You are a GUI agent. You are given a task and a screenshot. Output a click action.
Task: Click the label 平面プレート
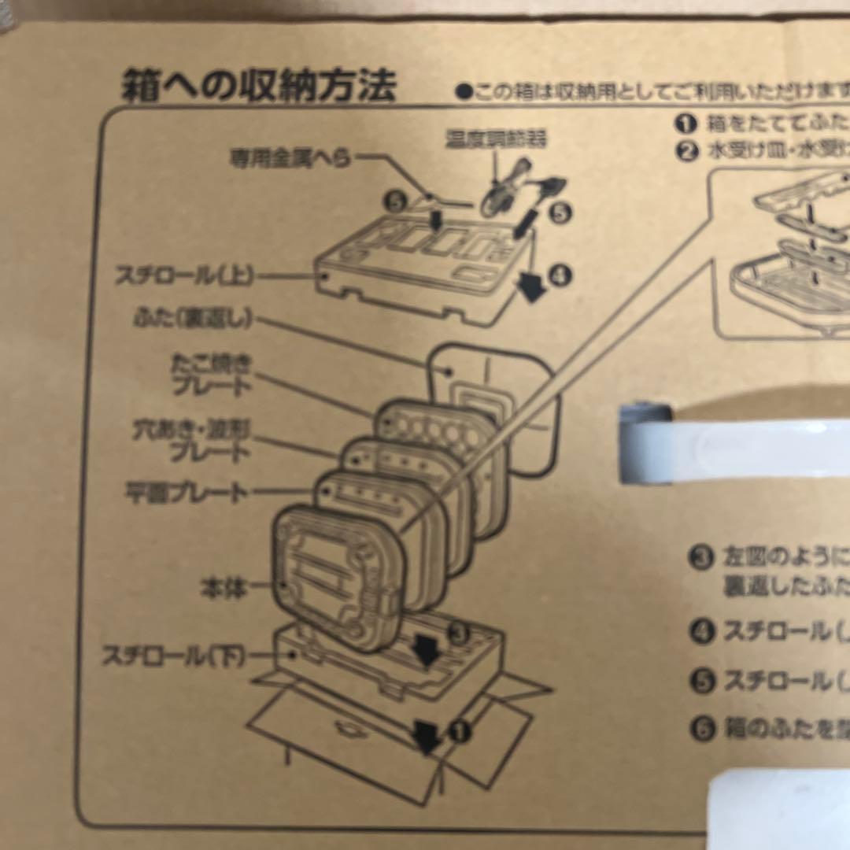coord(186,493)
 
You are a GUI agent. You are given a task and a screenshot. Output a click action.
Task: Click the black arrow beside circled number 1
coord(428,736)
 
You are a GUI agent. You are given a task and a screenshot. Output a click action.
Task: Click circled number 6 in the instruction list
coord(702,728)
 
